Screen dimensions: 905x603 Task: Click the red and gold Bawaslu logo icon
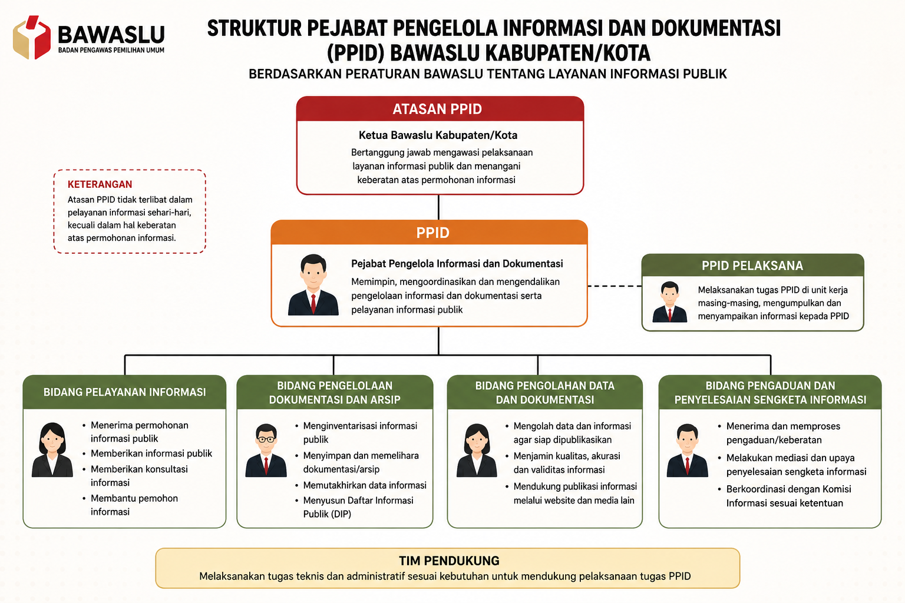[32, 37]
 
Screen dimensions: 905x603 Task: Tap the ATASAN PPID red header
[440, 109]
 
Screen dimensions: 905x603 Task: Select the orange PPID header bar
[429, 233]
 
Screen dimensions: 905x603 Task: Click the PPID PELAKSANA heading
[752, 266]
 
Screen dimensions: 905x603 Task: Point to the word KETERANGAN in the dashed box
[100, 184]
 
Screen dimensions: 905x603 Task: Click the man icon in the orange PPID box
[313, 285]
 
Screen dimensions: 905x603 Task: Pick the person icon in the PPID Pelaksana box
[669, 302]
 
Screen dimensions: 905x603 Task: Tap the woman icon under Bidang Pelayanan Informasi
[52, 449]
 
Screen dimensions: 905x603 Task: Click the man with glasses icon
[266, 450]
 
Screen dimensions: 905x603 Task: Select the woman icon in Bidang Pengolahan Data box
[477, 450]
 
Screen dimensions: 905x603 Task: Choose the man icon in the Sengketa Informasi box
[687, 450]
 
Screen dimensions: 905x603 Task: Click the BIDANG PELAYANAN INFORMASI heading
[124, 392]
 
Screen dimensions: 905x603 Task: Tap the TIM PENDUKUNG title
[450, 561]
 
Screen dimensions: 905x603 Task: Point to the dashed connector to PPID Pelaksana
[615, 286]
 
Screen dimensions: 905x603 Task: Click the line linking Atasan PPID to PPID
[439, 208]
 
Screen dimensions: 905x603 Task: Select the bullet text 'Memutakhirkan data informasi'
[365, 485]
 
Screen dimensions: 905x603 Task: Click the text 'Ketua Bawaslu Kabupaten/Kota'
[438, 135]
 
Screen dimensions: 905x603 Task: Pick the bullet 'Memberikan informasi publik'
[151, 453]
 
